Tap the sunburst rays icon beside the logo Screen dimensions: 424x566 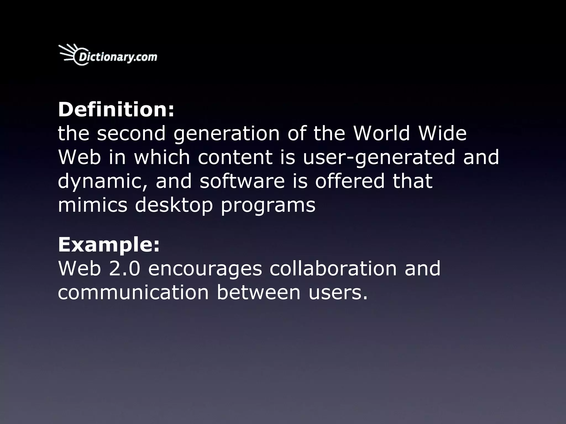point(68,53)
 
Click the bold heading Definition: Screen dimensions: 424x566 point(116,110)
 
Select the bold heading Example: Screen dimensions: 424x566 point(109,245)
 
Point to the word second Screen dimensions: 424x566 point(131,133)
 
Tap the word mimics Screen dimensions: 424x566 point(93,205)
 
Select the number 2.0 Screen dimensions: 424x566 point(125,269)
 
